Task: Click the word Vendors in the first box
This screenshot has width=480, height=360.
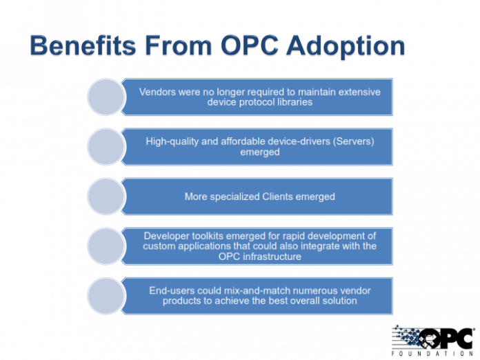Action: pyautogui.click(x=158, y=91)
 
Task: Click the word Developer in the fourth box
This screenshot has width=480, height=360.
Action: pyautogui.click(x=166, y=235)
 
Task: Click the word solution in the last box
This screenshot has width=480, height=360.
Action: pyautogui.click(x=337, y=301)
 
